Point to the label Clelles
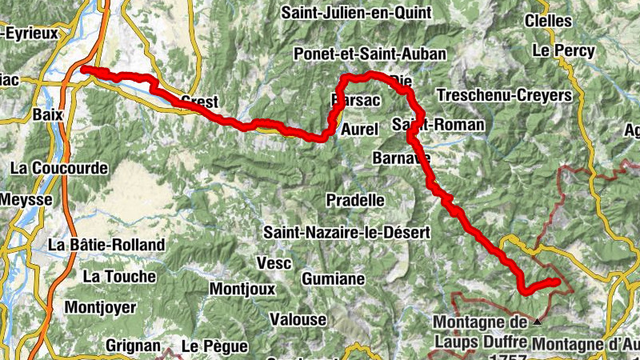point(550,21)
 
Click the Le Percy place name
point(563,51)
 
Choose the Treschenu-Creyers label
point(504,95)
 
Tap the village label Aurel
point(358,129)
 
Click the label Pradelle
point(356,199)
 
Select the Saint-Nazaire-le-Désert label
point(347,233)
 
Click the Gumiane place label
point(334,279)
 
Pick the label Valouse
point(298,320)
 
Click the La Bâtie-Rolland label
point(106,244)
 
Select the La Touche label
point(119,277)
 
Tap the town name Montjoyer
point(102,307)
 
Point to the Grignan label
point(132,346)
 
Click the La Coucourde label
point(58,169)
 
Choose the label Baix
point(48,114)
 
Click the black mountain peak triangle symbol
point(537,321)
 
